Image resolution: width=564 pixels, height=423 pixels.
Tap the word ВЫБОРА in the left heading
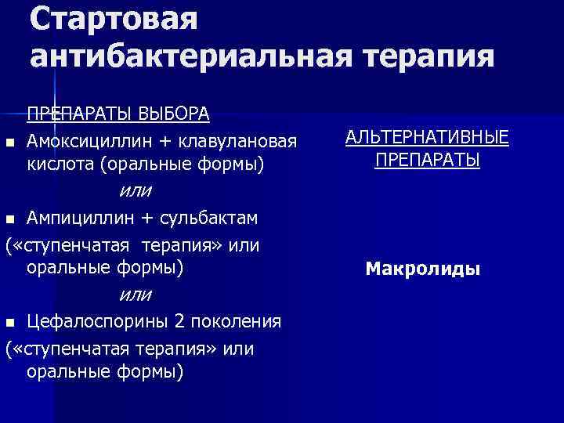tap(175, 114)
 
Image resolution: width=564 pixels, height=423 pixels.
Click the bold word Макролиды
tap(423, 270)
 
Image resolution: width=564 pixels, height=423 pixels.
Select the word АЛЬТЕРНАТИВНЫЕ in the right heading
tap(427, 138)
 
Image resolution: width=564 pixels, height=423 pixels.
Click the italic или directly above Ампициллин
tap(136, 190)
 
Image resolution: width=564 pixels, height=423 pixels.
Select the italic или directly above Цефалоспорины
tap(136, 295)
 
